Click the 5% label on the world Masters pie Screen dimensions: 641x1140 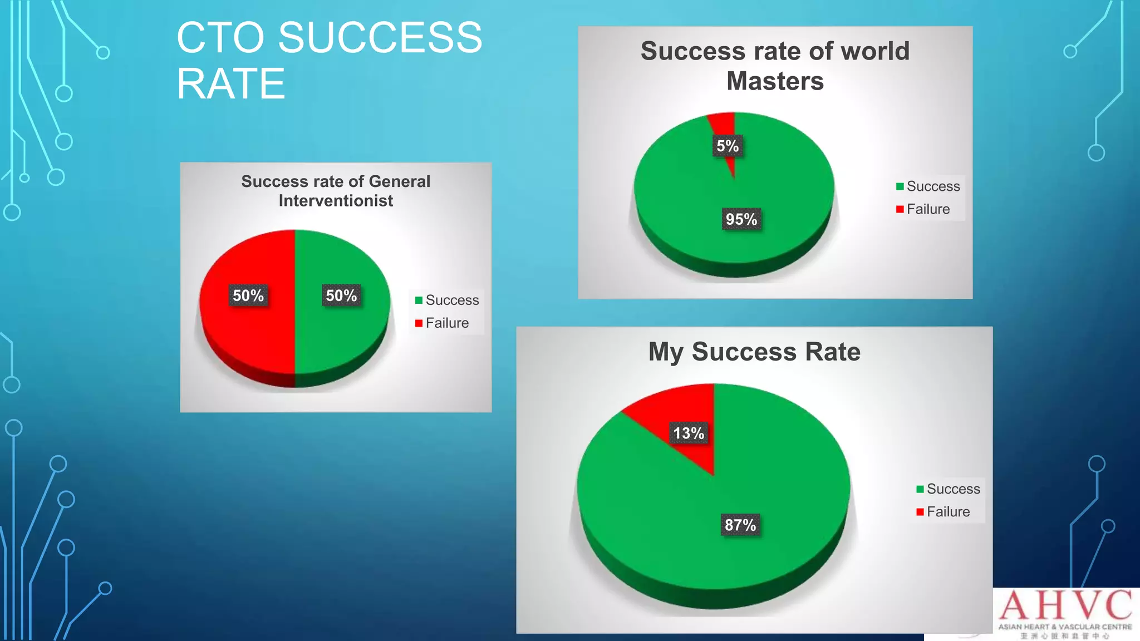coord(727,146)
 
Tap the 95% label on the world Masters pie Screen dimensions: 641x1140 coord(741,219)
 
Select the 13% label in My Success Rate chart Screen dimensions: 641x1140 coord(689,433)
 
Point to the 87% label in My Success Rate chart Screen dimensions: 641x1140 coord(740,525)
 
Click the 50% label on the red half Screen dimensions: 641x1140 coord(248,295)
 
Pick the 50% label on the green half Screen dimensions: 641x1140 coord(341,295)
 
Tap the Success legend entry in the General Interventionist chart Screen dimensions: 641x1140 coord(447,300)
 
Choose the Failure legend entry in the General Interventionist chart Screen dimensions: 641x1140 coord(442,323)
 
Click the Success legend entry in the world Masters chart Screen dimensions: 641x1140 coord(928,186)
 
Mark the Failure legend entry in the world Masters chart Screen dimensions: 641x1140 coord(923,209)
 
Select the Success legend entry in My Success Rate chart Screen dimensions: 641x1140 coord(948,489)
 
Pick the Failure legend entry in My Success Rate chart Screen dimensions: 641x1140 coord(943,512)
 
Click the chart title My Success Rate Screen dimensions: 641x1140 coord(754,352)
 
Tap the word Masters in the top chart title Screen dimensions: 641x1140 coord(775,81)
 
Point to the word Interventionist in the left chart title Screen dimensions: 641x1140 coord(336,201)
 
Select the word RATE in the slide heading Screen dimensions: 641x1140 coord(230,84)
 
